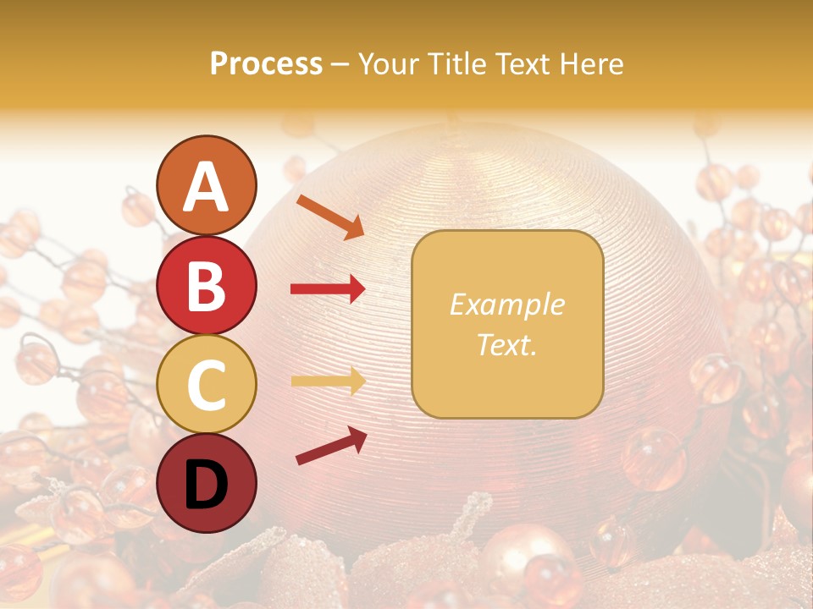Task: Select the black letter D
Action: [x=206, y=485]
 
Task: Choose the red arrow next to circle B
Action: [x=328, y=289]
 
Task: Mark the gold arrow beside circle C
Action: [x=328, y=381]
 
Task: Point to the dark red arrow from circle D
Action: [x=331, y=446]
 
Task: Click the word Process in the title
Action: [x=266, y=63]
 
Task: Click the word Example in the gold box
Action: [x=506, y=304]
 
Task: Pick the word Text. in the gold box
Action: [x=506, y=344]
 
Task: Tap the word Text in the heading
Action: [x=526, y=63]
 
